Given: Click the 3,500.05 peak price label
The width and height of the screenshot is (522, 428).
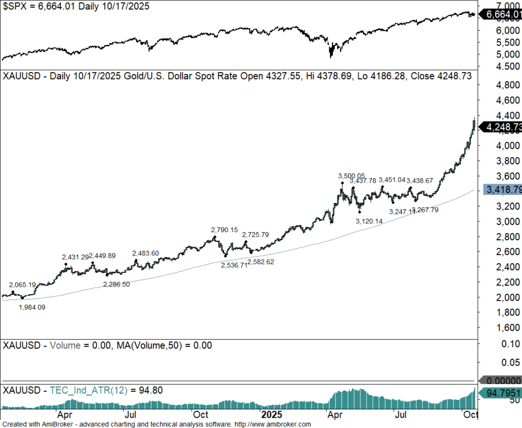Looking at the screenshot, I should [x=351, y=175].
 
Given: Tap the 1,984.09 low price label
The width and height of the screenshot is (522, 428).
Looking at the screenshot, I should [x=32, y=307].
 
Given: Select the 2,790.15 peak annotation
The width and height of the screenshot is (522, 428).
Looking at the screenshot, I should [x=225, y=230].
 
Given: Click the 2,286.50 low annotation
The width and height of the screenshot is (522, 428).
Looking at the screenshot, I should [x=116, y=284].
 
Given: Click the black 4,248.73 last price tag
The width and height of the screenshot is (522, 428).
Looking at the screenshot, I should [x=503, y=127].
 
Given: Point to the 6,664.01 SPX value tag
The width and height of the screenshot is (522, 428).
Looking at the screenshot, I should [x=503, y=15].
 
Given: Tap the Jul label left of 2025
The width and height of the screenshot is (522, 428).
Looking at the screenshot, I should [x=131, y=414].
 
